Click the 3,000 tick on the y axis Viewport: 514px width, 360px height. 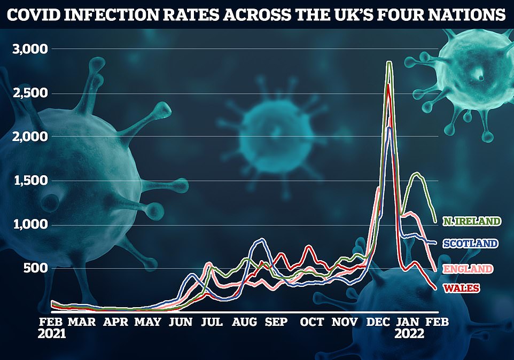tap(30, 49)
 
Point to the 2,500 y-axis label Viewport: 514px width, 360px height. tap(30, 93)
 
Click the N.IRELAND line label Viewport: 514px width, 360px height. tap(472, 221)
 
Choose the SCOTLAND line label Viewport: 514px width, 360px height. tap(469, 244)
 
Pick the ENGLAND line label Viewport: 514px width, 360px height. tap(470, 268)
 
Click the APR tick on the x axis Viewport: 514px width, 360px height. tap(115, 322)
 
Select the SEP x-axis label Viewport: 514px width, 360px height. tap(276, 322)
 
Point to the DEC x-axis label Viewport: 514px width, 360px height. tap(378, 322)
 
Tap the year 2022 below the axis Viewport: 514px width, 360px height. tap(409, 334)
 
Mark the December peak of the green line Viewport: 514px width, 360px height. tap(390, 62)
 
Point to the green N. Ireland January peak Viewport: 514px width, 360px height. tap(416, 173)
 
